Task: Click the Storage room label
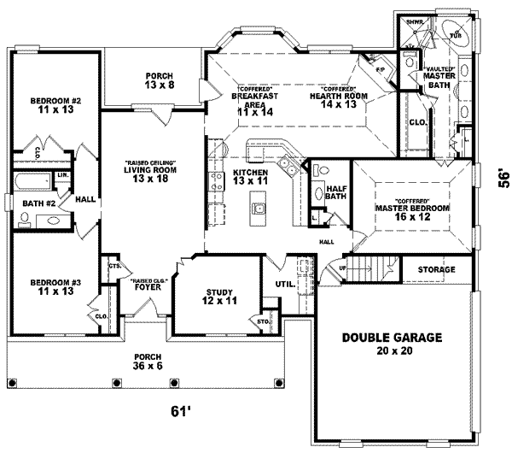click(x=436, y=270)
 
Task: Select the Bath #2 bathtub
click(x=32, y=182)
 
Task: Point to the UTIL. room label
click(x=284, y=284)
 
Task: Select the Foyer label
click(x=150, y=285)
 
